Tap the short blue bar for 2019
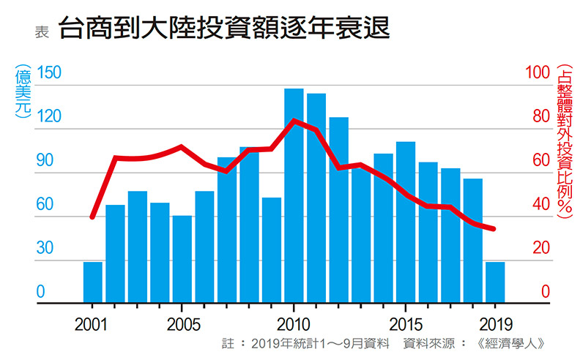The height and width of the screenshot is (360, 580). [x=495, y=282]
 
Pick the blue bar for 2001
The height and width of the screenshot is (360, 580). [x=93, y=282]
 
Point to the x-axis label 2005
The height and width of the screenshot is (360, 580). [x=180, y=323]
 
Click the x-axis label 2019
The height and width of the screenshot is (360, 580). [x=495, y=323]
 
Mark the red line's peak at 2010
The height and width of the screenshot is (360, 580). [x=294, y=121]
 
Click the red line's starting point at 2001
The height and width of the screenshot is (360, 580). [x=92, y=217]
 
